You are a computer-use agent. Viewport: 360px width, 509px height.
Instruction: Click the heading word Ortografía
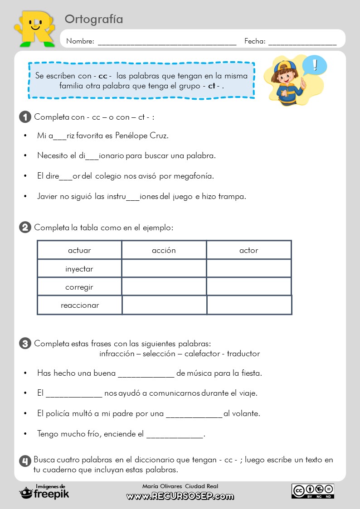[94, 19]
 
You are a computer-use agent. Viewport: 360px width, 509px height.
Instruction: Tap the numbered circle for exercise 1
[25, 117]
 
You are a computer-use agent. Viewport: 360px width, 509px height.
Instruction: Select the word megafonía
[193, 176]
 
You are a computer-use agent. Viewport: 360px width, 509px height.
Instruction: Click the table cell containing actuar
[79, 250]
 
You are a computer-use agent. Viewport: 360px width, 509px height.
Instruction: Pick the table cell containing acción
[164, 250]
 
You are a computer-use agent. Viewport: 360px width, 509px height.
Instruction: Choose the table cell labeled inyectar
[79, 269]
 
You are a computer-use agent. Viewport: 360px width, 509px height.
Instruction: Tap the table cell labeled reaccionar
[80, 305]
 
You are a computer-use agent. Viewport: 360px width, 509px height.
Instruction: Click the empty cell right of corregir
[164, 286]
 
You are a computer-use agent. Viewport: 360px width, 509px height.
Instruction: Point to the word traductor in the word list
[243, 354]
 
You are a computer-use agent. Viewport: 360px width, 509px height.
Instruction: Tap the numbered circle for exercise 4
[25, 461]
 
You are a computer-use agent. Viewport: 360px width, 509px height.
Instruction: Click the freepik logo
[44, 493]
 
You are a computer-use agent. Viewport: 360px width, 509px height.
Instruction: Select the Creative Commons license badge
[313, 491]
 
